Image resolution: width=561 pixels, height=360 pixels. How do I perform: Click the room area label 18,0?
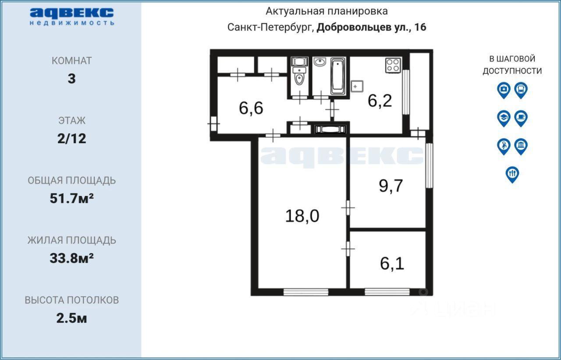(302, 216)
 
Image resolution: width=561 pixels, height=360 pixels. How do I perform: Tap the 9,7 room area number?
(391, 186)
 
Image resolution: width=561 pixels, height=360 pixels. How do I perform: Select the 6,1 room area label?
(392, 263)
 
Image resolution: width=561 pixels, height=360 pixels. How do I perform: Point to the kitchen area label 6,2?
(380, 101)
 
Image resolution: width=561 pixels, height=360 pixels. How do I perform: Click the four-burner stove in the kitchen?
(393, 65)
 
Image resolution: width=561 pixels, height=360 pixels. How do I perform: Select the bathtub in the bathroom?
(338, 76)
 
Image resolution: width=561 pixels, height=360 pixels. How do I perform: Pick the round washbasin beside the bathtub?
(320, 61)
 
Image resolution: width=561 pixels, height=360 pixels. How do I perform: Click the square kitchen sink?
(357, 86)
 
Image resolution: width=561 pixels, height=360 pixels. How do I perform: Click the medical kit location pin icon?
(504, 90)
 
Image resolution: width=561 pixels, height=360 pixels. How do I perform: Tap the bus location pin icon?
(521, 90)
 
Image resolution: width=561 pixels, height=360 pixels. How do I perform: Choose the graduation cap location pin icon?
(504, 118)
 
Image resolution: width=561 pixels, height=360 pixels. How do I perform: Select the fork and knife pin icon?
(512, 174)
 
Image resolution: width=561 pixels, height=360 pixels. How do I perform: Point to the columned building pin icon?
(521, 146)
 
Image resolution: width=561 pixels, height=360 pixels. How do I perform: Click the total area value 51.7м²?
(71, 198)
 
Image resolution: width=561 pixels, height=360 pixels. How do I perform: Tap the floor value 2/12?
(71, 138)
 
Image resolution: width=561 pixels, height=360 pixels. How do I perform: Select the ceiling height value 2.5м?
(71, 318)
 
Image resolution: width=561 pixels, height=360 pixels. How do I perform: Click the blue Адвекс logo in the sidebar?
(72, 17)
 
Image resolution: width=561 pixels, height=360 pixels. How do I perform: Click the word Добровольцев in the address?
(354, 27)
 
